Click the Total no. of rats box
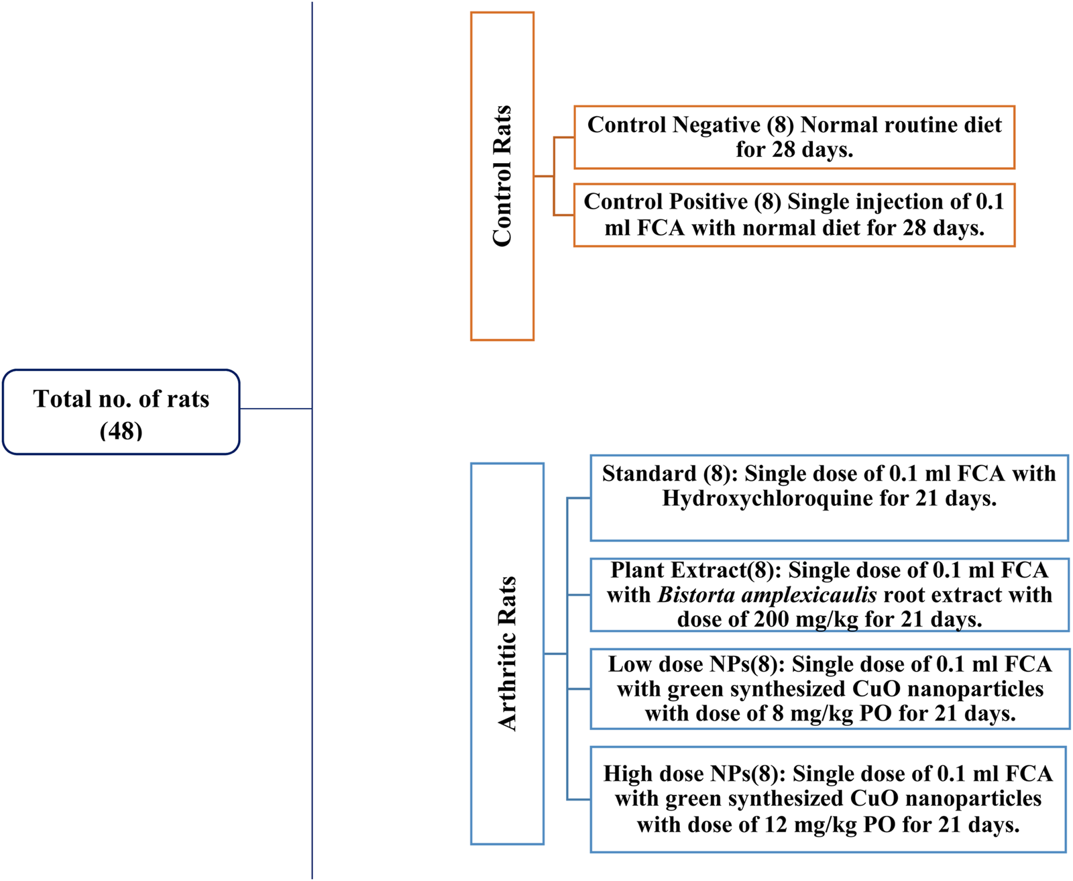coord(121,411)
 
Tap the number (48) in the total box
coord(121,430)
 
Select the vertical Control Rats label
coord(502,176)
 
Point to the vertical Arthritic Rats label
coord(507,653)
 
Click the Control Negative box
coord(794,137)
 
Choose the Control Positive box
coord(794,215)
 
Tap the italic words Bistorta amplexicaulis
coord(767,594)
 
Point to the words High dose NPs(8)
coord(692,774)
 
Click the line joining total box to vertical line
coord(276,409)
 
